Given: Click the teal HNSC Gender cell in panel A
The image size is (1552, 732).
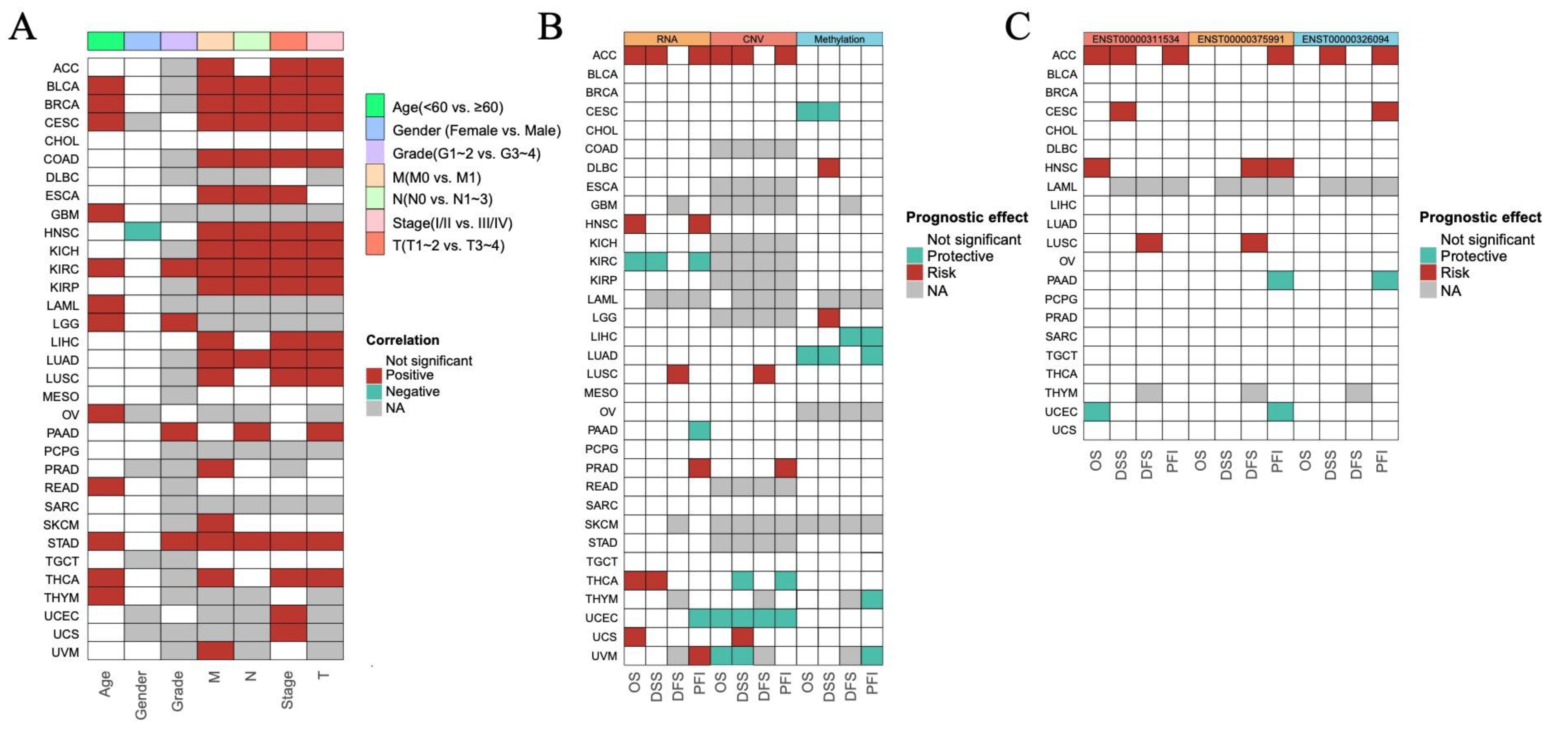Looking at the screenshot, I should pos(142,232).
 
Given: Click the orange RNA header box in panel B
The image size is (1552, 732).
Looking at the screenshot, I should pos(667,39).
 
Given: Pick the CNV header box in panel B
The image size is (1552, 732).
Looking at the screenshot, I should pos(753,39).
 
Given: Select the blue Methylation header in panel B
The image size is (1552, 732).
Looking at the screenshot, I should pos(839,39).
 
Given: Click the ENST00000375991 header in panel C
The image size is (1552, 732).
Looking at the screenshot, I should pos(1241,39).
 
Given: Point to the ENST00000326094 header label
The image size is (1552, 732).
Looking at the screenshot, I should pos(1345,39).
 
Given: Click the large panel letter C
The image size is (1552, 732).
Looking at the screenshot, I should pos(1017,27).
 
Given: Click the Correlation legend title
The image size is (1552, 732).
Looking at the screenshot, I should pos(402,340).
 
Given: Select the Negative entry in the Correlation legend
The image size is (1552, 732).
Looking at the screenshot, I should pos(412,391).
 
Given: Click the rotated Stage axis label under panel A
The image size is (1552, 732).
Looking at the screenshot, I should pos(288,690).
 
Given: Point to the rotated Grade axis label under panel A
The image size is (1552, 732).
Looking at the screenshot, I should pos(178,691).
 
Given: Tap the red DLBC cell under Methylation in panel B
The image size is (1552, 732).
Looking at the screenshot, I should pos(829,167).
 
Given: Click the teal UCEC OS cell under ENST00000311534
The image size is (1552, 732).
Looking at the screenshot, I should pos(1096,412).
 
